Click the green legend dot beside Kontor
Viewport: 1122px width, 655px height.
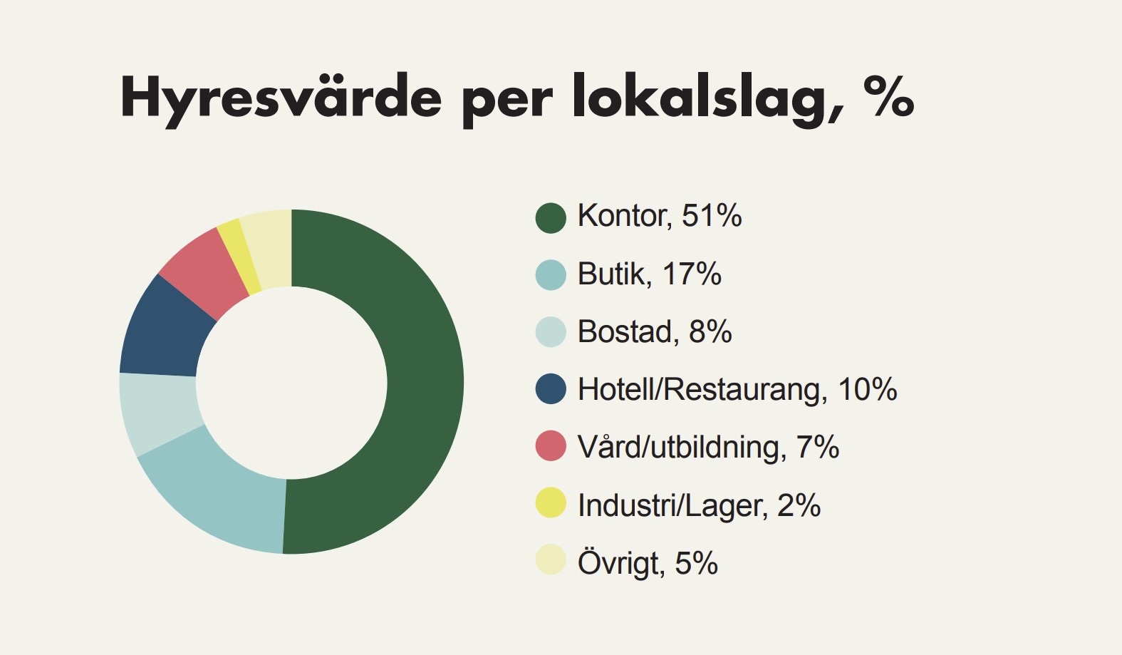(x=551, y=217)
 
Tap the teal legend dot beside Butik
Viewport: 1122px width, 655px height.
(x=551, y=275)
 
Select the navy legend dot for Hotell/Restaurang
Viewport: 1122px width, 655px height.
(x=551, y=389)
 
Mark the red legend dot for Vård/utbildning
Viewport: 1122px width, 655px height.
(x=551, y=446)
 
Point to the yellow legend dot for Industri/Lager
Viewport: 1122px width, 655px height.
(x=551, y=503)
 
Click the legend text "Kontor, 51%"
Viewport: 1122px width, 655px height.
(x=660, y=216)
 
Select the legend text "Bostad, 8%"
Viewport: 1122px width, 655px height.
(x=655, y=331)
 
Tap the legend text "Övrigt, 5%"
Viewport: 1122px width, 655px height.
(x=648, y=563)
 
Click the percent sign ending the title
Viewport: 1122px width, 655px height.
(x=888, y=96)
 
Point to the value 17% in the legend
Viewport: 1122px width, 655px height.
(x=692, y=274)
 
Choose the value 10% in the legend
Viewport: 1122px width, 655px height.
(x=867, y=389)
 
